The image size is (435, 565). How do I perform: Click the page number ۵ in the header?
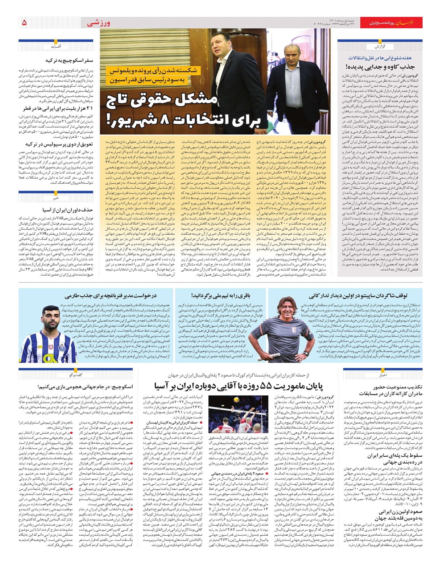[x=24, y=23]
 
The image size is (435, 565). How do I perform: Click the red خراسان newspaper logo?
[x=412, y=23]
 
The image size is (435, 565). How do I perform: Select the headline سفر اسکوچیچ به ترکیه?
[x=69, y=60]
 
